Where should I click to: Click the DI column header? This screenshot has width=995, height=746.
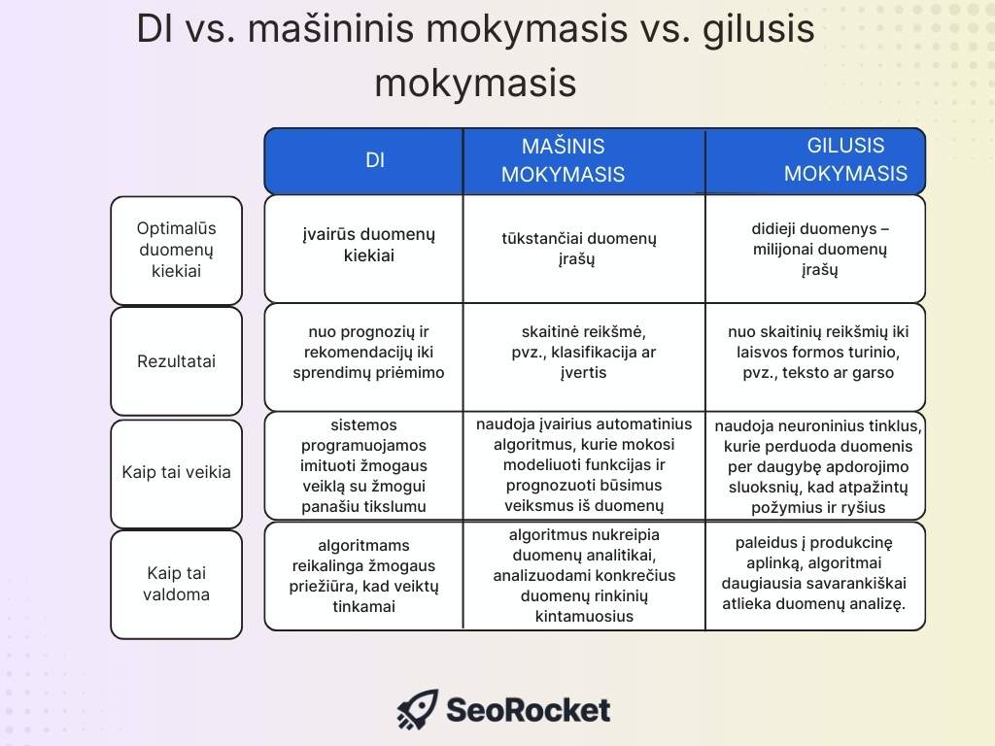375,161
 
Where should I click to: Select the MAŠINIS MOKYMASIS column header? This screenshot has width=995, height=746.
563,161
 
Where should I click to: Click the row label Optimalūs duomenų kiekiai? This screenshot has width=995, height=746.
176,250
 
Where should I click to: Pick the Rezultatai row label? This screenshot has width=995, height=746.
176,361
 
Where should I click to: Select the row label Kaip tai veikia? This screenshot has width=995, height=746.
176,473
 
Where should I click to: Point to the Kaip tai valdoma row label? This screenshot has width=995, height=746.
176,584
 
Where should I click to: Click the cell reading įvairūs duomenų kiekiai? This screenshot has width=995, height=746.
368,246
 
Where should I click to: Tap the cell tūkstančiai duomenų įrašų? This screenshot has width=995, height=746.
579,249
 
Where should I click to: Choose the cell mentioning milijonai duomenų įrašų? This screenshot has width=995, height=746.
820,250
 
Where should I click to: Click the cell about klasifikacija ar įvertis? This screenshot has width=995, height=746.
583,353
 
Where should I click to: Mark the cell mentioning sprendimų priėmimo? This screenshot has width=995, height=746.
368,353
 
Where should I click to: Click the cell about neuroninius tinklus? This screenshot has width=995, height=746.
818,466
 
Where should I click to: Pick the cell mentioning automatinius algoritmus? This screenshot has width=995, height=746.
583,465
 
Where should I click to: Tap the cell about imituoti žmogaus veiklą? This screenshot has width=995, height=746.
364,465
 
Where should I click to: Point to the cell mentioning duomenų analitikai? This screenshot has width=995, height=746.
583,575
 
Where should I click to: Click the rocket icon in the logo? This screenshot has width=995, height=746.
418,710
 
